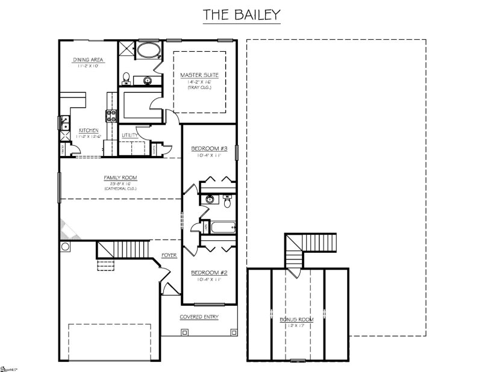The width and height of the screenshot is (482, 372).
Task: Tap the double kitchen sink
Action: pos(64,122)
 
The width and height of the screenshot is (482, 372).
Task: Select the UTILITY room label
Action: pos(130,135)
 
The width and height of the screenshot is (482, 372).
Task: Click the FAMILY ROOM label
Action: pos(120,178)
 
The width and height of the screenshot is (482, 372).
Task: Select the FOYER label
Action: pos(169,255)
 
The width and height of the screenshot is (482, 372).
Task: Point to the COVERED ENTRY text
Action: pos(199,317)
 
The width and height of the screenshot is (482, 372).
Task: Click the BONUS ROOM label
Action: pos(299,320)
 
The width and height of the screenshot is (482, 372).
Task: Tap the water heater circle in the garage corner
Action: pos(65,247)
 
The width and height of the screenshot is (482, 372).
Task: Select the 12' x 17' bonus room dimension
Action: pos(299,326)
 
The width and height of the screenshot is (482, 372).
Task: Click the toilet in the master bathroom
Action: pos(126,78)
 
